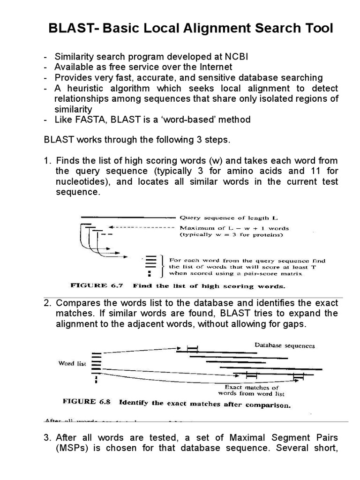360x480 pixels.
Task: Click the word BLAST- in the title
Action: point(69,29)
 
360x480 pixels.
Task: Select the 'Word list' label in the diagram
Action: point(72,364)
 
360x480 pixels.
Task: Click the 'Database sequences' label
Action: point(285,345)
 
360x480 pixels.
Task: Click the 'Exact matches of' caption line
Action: point(252,387)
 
